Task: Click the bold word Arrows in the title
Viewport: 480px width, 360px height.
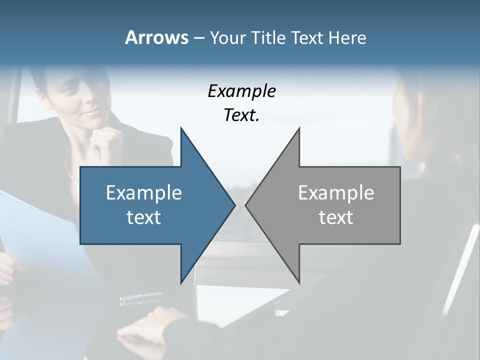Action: click(x=156, y=37)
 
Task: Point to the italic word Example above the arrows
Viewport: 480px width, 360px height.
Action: click(x=241, y=91)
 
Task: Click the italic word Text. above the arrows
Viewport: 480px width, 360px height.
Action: click(x=241, y=115)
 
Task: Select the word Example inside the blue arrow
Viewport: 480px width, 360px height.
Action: click(x=144, y=193)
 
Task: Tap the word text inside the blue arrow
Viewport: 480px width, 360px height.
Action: click(x=144, y=217)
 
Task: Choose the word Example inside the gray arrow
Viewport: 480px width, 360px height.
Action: click(x=336, y=193)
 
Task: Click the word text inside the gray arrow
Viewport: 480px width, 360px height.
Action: click(x=336, y=217)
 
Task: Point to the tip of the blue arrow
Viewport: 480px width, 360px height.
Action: click(x=234, y=205)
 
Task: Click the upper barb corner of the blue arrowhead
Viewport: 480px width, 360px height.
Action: click(x=181, y=128)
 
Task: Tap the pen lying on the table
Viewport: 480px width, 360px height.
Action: click(x=140, y=299)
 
